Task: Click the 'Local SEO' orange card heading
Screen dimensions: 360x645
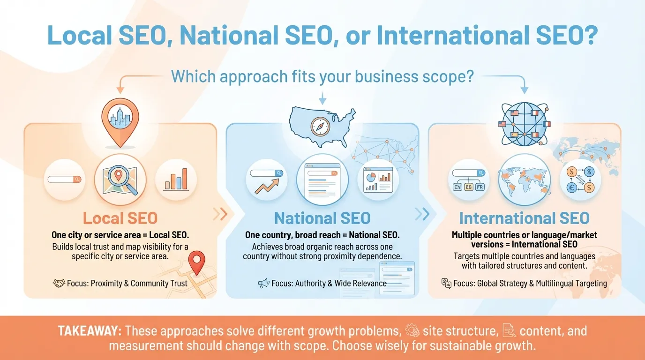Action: pos(120,218)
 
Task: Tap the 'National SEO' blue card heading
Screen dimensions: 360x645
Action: pos(322,218)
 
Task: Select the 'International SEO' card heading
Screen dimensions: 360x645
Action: pos(524,218)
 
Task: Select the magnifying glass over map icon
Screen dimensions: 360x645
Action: pos(120,179)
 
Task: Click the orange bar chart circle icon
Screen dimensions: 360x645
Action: pos(176,179)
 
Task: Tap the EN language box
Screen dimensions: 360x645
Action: pos(457,187)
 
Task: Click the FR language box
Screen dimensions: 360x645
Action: pos(480,187)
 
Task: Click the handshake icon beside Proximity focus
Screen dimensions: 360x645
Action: pos(59,283)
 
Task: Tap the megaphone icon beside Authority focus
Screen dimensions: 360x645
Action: pos(263,283)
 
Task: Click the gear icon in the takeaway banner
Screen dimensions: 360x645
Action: pos(412,330)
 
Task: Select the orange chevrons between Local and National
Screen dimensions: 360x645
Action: pos(220,214)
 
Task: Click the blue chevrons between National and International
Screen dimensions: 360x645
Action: pos(422,214)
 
